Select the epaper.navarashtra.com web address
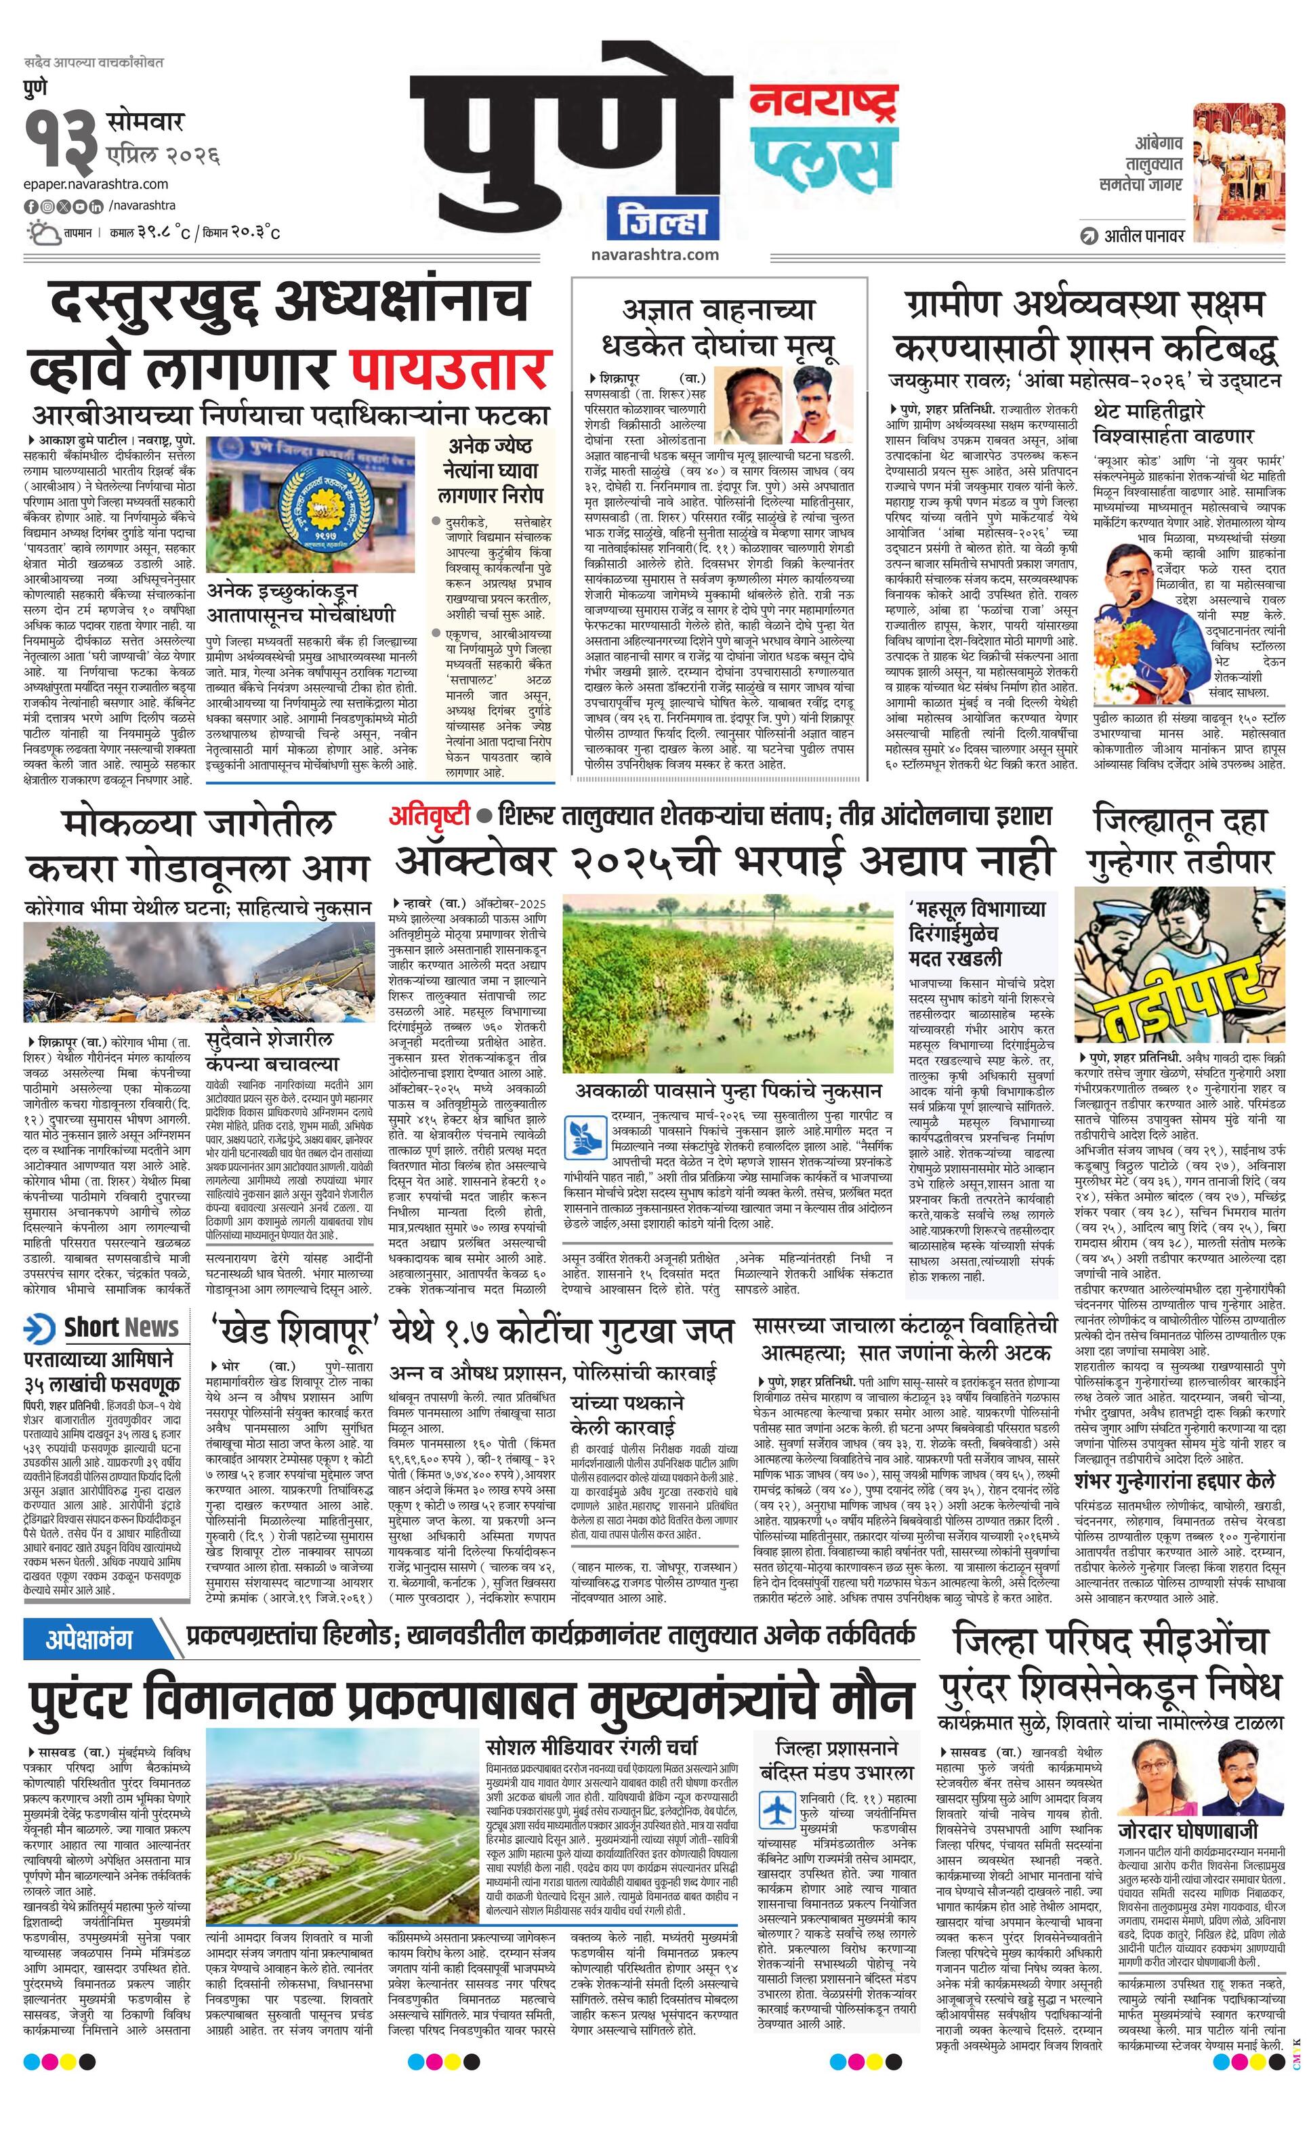point(96,184)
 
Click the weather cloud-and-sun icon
point(43,233)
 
